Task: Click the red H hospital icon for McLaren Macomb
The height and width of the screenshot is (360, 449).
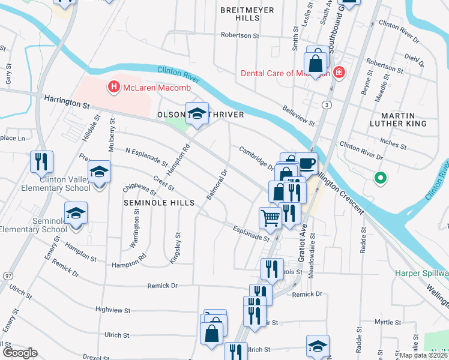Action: click(113, 88)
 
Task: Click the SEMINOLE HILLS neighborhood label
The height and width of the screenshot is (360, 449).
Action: click(158, 203)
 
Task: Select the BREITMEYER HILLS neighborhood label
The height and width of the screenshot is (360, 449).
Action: click(247, 14)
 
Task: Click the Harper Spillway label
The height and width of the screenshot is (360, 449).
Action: click(421, 274)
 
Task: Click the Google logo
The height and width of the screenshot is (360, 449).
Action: click(20, 353)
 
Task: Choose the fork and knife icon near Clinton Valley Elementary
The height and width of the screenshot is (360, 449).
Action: click(41, 161)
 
